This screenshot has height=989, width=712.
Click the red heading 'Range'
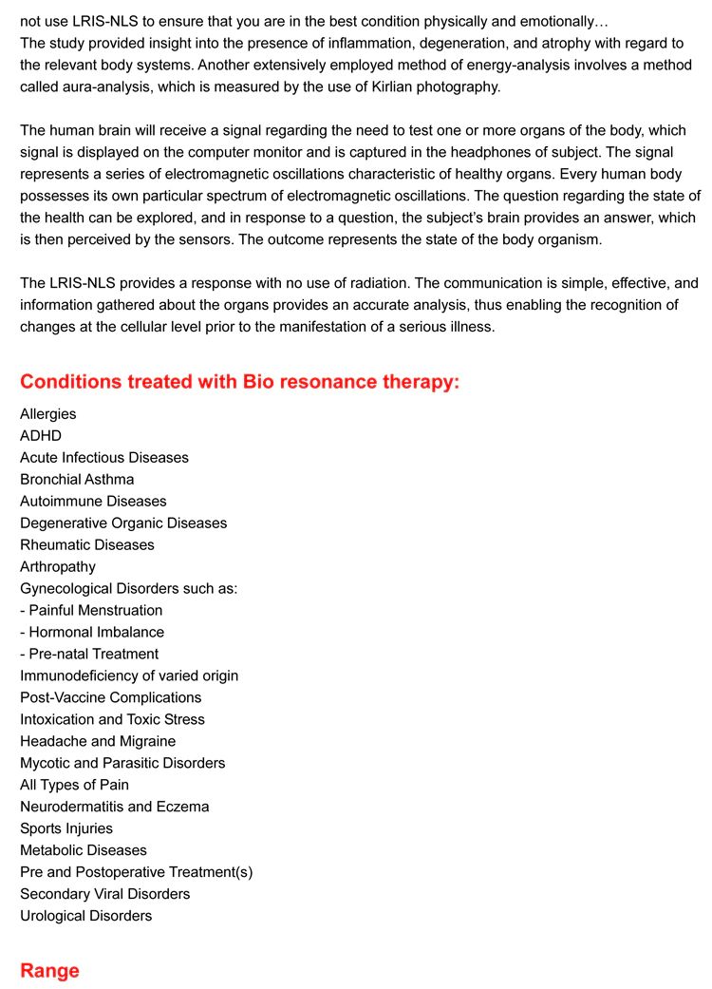[x=49, y=970]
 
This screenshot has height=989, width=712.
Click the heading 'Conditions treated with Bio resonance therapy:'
[x=239, y=382]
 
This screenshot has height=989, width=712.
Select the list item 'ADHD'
[x=41, y=435]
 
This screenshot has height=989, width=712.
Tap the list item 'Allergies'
[x=48, y=413]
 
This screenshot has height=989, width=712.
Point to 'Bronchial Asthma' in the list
[x=77, y=479]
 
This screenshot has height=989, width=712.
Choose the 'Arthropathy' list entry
[x=58, y=566]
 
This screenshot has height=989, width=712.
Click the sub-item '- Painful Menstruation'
[x=91, y=610]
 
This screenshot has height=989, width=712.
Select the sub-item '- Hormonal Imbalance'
[x=92, y=632]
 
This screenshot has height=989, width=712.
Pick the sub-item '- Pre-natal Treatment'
[x=89, y=654]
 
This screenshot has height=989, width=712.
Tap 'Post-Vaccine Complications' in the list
[x=111, y=697]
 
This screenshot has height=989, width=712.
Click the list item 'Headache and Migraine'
[x=98, y=741]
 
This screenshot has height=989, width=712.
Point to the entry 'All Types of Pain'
[x=74, y=785]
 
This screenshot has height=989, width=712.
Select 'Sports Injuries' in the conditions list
[x=66, y=828]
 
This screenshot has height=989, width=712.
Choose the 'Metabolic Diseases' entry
[x=84, y=850]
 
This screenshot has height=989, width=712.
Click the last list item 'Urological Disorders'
[x=85, y=916]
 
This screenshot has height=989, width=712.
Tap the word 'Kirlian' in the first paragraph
[x=343, y=86]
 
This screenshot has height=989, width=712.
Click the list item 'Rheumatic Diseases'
[x=87, y=544]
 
